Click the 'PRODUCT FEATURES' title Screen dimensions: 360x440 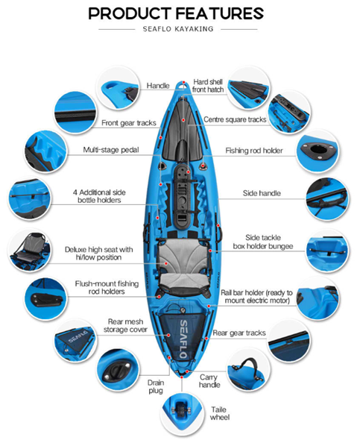point(176,13)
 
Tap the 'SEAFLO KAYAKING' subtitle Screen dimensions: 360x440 point(178,29)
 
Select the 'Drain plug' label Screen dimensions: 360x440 point(156,386)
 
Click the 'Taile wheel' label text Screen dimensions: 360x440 point(220,413)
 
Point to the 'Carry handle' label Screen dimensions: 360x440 point(209,381)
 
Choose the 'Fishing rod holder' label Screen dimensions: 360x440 point(254,151)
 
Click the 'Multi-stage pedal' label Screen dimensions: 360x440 point(111,150)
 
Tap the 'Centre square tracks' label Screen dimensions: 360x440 point(235,119)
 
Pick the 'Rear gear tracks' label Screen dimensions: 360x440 point(239,333)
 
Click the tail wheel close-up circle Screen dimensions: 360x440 point(182,415)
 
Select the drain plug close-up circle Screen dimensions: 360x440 point(118,370)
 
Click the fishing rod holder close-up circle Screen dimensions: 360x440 point(318,150)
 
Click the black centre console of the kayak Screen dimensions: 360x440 point(183,196)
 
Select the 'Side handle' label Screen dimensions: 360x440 point(262,193)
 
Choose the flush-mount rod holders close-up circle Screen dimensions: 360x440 point(45,299)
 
